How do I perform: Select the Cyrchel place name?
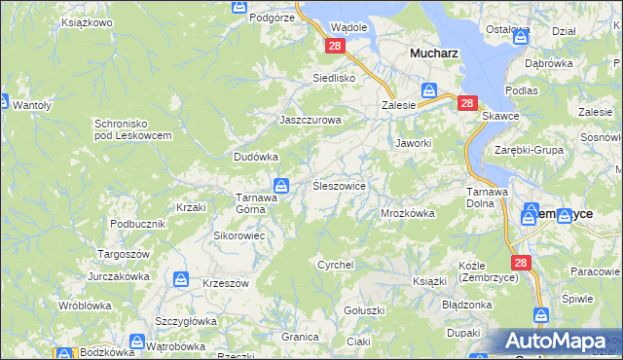(336, 264)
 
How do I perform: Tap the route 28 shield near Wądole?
(335, 46)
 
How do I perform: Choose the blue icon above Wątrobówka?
(137, 342)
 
